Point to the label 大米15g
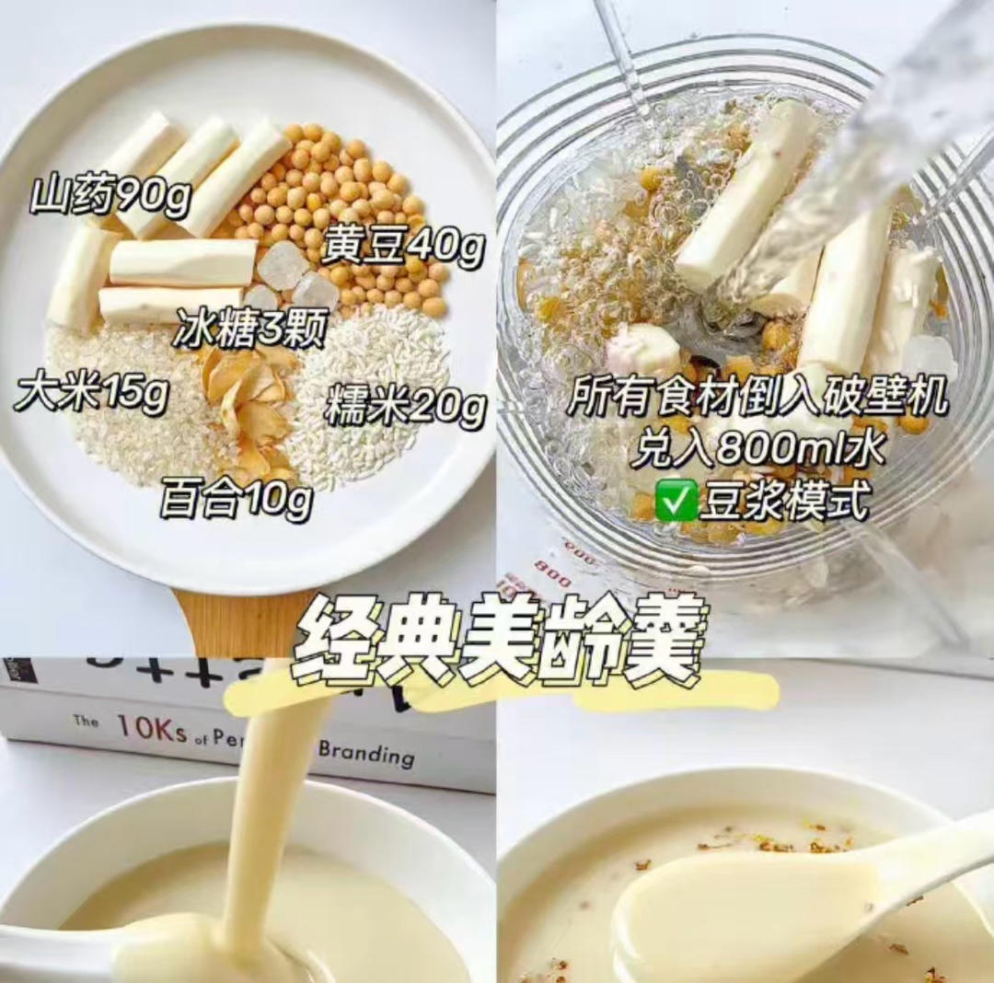click(x=90, y=393)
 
